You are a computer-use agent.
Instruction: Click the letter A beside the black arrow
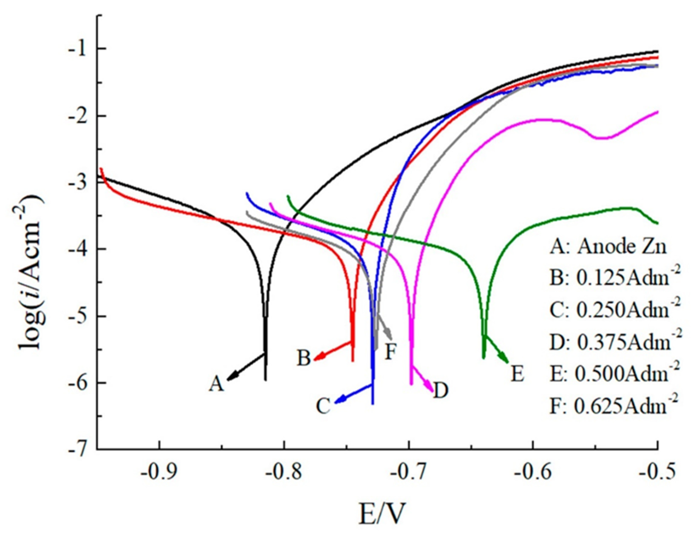pos(216,384)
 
